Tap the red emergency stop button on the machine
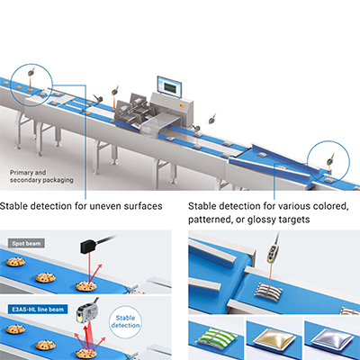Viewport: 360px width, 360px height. pyautogui.click(x=181, y=105)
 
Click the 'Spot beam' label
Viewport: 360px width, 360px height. pyautogui.click(x=26, y=243)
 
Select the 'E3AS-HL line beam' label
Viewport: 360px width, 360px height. pyautogui.click(x=38, y=309)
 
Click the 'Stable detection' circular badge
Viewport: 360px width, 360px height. pyautogui.click(x=125, y=321)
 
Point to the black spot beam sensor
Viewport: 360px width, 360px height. pyautogui.click(x=90, y=247)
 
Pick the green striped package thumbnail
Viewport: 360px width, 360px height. pyautogui.click(x=216, y=337)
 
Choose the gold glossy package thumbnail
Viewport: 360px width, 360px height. pyautogui.click(x=274, y=337)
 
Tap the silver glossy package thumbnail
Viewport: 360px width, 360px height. pyautogui.click(x=332, y=337)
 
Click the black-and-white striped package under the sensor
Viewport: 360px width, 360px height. pyautogui.click(x=268, y=290)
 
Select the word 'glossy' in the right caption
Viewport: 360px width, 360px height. pyautogui.click(x=261, y=220)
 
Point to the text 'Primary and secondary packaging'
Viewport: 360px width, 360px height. pyautogui.click(x=41, y=176)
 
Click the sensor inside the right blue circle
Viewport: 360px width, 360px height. pyautogui.click(x=331, y=159)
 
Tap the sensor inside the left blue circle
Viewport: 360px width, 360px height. pyautogui.click(x=31, y=72)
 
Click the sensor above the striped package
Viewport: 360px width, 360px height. pyautogui.click(x=274, y=251)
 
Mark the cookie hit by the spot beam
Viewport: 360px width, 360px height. pyautogui.click(x=86, y=286)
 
